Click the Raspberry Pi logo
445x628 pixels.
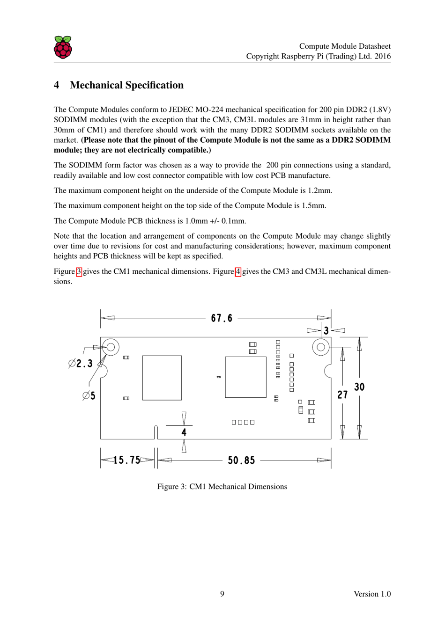point(63,47)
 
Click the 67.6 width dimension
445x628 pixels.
point(222,318)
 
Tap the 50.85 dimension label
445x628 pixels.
point(241,460)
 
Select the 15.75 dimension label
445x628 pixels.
point(127,460)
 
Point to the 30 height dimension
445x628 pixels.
point(359,387)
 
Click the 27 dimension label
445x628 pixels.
point(342,395)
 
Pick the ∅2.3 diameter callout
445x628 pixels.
point(81,364)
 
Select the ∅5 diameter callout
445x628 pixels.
point(89,396)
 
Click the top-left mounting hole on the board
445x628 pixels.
point(111,347)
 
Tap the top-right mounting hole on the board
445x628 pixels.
point(321,347)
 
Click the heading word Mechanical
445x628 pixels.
point(96,85)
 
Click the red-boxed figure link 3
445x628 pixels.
point(79,271)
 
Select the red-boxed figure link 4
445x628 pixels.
point(238,271)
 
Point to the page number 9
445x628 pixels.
point(222,594)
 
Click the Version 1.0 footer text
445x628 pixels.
point(372,594)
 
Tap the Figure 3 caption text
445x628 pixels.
point(222,487)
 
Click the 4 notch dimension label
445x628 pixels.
point(184,432)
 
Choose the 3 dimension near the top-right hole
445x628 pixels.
point(326,331)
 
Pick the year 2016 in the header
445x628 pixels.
point(382,56)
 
